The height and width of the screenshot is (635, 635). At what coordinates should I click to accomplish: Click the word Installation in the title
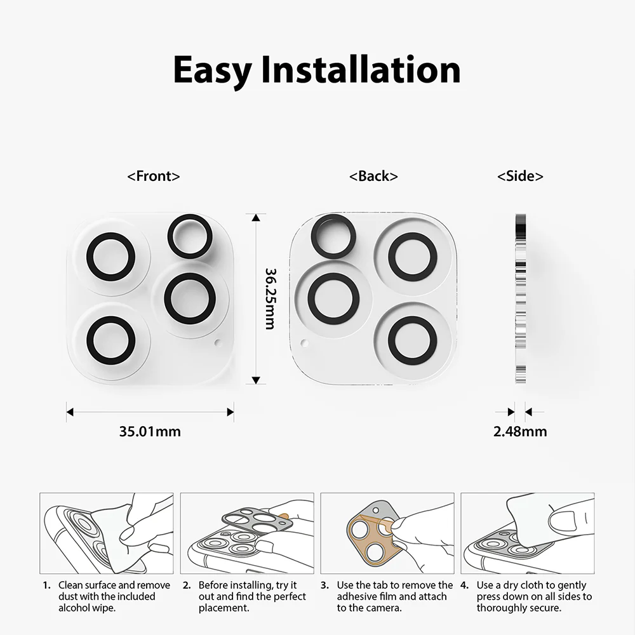[361, 69]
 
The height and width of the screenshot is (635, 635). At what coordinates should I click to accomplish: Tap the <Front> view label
[154, 176]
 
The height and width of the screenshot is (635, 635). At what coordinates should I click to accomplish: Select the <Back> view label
[373, 176]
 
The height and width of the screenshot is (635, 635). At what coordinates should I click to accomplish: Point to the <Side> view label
[520, 176]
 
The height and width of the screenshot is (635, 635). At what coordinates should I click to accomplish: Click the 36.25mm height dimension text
[270, 298]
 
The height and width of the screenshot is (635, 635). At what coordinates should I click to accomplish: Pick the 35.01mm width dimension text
[150, 431]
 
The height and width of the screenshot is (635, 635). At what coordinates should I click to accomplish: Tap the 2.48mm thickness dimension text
[520, 431]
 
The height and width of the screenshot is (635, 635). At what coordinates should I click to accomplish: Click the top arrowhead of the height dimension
[255, 217]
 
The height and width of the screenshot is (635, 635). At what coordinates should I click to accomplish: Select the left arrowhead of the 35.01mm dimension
[70, 412]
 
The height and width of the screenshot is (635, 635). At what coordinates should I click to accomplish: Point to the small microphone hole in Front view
[218, 344]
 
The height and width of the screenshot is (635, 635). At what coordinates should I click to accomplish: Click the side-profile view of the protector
[521, 298]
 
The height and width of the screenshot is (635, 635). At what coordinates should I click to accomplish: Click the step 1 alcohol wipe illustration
[107, 533]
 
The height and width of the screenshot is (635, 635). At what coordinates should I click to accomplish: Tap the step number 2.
[186, 585]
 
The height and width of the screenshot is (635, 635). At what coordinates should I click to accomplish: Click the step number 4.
[464, 585]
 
